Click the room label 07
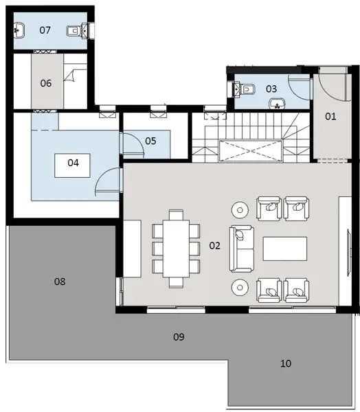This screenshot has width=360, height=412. click(45, 30)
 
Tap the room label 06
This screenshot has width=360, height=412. click(45, 83)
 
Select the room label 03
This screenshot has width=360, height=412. click(271, 89)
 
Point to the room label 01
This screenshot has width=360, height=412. click(330, 116)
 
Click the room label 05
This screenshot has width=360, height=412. click(150, 140)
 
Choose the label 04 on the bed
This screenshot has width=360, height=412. click(74, 163)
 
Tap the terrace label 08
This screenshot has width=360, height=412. click(60, 282)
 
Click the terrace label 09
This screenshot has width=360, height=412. click(179, 336)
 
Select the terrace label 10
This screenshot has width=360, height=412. click(286, 363)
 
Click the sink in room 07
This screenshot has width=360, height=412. click(19, 30)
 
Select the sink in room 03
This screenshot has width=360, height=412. click(277, 104)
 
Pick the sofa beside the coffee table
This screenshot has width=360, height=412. click(241, 247)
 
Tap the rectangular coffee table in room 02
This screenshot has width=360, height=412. click(286, 248)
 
